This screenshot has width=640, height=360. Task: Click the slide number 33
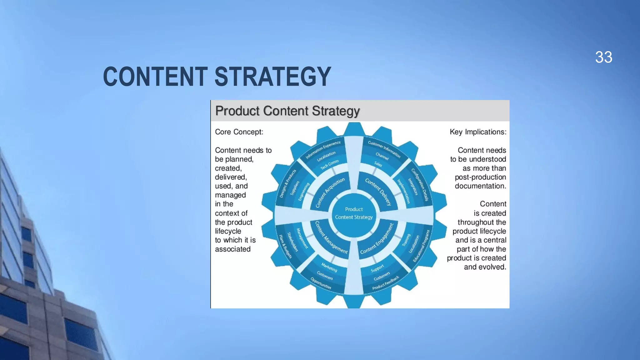[603, 57]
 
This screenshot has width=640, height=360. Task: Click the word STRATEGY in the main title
[272, 77]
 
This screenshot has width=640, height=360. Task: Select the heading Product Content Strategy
[287, 111]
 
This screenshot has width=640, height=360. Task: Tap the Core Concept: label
[239, 132]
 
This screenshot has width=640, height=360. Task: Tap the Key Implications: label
[478, 132]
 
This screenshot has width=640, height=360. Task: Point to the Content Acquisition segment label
[330, 192]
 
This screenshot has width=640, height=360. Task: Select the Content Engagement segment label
[377, 238]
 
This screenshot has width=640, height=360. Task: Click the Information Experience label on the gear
[323, 150]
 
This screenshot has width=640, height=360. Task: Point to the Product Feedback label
[386, 283]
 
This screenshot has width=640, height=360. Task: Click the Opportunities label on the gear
[321, 283]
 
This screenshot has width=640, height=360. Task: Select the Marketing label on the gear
[329, 267]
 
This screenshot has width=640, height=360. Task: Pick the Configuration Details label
[420, 184]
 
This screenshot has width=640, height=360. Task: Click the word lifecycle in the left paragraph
[228, 231]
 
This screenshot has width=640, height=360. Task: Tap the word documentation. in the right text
[480, 186]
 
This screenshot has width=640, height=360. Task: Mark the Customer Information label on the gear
[384, 149]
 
